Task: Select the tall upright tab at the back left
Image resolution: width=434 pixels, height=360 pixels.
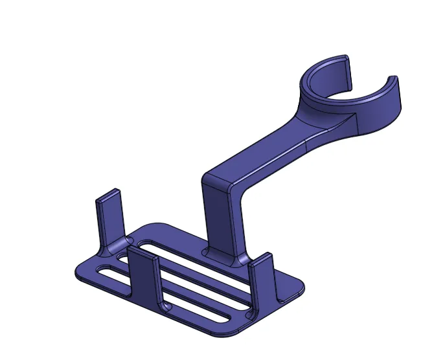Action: (109, 217)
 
